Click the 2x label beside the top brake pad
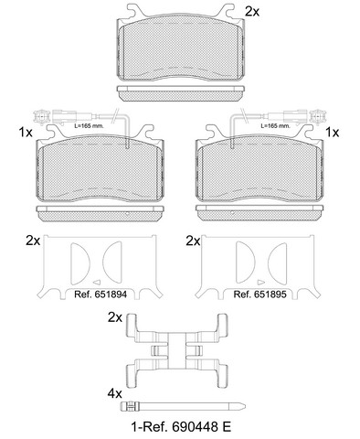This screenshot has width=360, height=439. coord(252,12)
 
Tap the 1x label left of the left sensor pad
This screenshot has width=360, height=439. coord(26,133)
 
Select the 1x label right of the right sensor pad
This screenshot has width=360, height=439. coord(333,133)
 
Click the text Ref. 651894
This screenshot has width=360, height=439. coord(101,294)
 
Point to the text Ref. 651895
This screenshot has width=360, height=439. coord(259,294)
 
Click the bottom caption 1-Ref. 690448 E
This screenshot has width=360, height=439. coord(181,426)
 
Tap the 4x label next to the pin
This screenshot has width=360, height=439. coord(114,394)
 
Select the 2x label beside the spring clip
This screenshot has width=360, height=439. coord(115,317)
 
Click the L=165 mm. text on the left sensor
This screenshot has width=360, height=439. coord(89,125)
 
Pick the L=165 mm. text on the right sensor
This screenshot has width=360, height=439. coord(275,125)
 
